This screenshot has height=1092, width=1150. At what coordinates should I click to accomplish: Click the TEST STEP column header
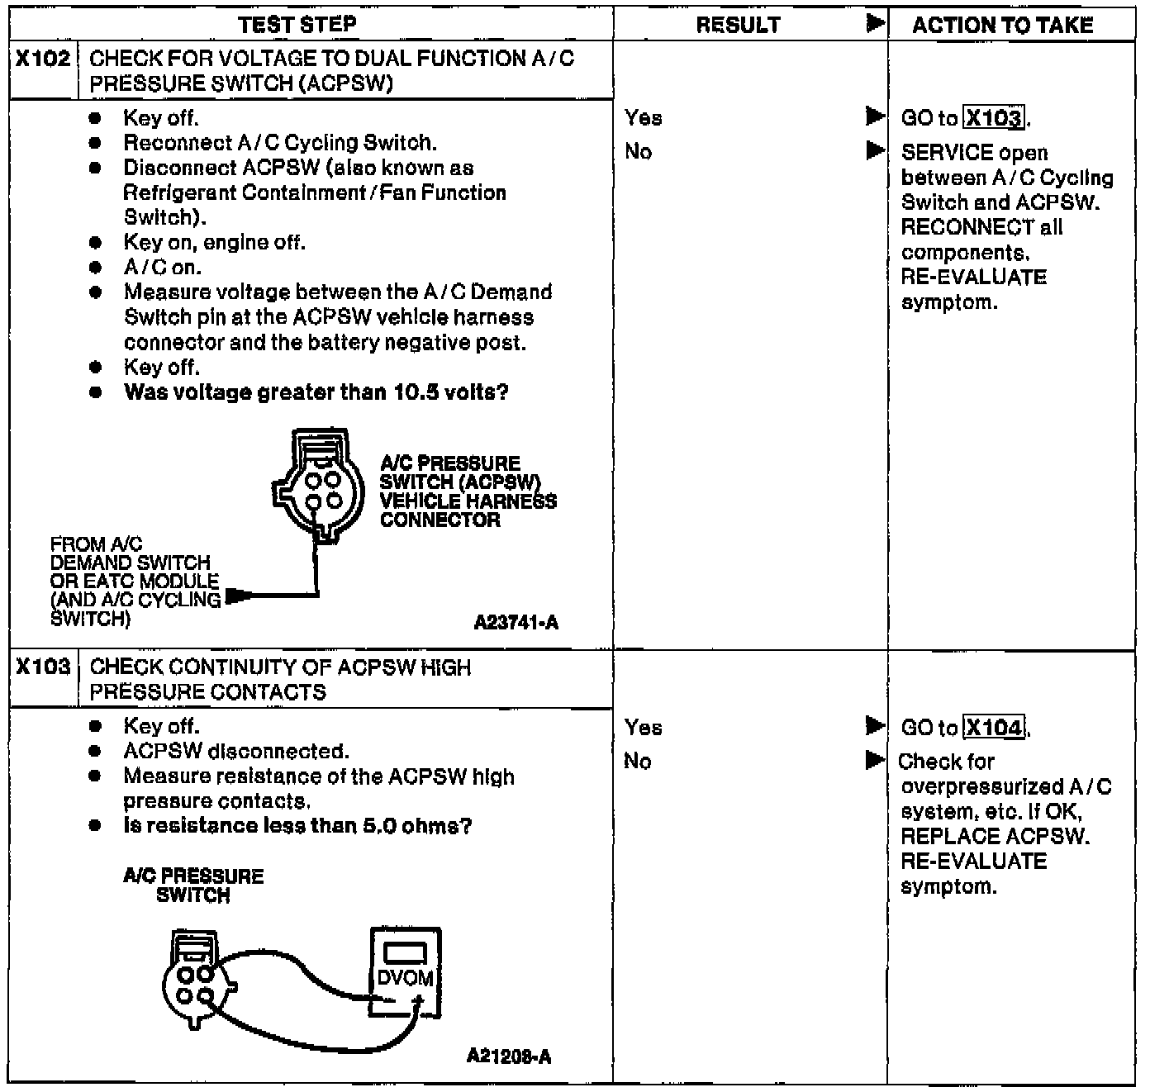297,25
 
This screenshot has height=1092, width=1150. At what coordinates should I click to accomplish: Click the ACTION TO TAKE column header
1002,26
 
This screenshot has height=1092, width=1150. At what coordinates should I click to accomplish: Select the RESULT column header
738,26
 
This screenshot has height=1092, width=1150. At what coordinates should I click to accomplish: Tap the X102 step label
43,59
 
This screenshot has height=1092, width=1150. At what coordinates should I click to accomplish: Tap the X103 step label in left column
43,667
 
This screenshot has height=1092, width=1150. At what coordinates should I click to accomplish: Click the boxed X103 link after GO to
995,118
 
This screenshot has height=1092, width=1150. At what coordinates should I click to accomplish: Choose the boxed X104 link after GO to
995,728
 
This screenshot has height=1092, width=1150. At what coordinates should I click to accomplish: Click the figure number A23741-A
516,623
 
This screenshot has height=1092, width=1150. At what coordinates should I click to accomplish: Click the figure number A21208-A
509,1056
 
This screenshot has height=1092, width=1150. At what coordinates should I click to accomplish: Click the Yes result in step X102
644,118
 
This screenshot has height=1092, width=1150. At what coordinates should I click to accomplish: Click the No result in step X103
638,761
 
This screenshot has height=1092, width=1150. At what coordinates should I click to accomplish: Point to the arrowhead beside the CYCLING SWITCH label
238,595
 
